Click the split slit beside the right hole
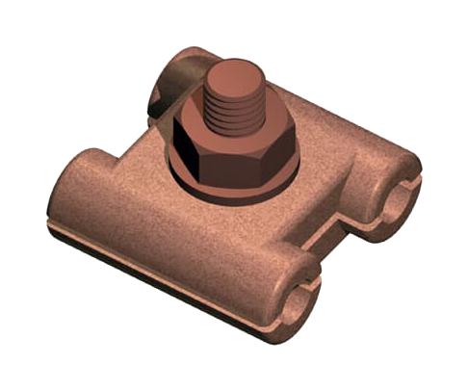pyautogui.click(x=412, y=178)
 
